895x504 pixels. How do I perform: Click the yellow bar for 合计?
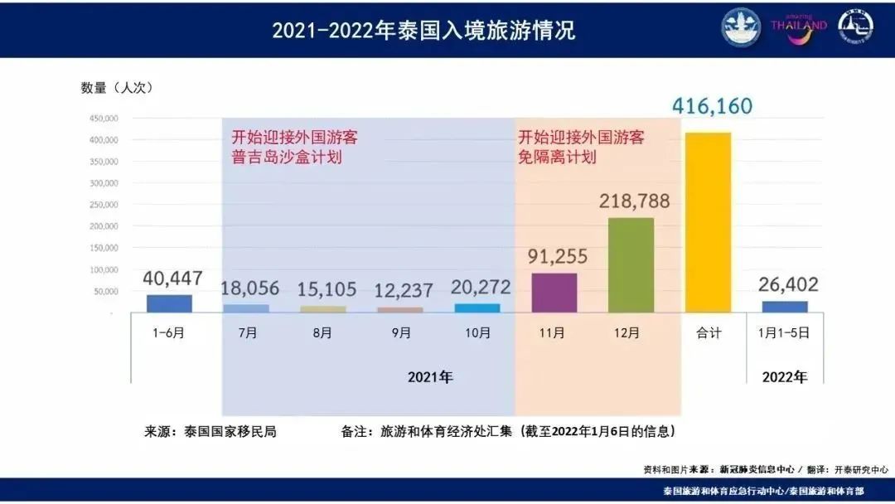708,222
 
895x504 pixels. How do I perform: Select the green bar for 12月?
631,265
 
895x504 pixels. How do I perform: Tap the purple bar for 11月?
554,293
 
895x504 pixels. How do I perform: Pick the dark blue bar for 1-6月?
169,303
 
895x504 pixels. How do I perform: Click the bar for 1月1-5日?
785,307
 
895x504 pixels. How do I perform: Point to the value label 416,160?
712,106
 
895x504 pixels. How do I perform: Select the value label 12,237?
400,289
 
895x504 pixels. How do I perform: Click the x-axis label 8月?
322,333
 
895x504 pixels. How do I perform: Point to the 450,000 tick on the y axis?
104,118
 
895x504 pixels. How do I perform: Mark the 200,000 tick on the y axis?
104,226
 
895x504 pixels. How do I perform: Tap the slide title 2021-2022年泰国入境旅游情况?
423,31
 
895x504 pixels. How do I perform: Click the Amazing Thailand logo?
799,25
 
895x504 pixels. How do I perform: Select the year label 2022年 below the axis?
784,377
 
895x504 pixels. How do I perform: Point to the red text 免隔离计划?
557,157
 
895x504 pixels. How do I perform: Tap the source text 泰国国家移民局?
230,432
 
